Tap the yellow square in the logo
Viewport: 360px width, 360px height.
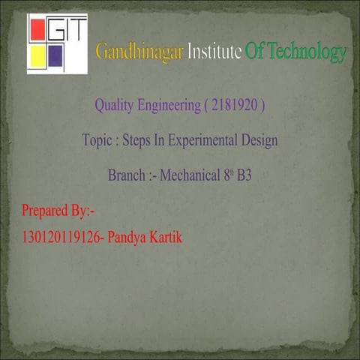pos(37,55)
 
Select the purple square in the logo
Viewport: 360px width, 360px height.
pos(55,55)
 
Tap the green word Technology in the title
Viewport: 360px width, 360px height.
pos(305,52)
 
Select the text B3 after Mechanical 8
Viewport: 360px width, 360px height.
pos(244,177)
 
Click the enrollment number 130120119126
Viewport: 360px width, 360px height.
pos(62,238)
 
